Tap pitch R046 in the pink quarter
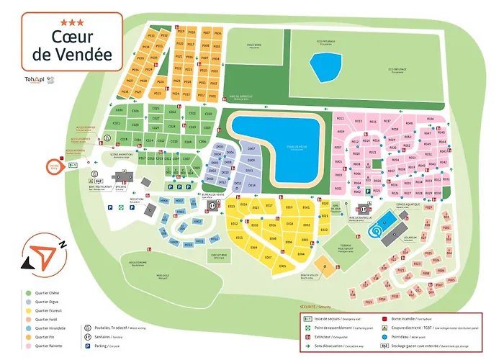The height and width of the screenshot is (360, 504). click(431, 118)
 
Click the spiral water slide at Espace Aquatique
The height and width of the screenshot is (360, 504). click(375, 231)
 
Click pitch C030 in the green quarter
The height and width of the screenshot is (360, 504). click(120, 110)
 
